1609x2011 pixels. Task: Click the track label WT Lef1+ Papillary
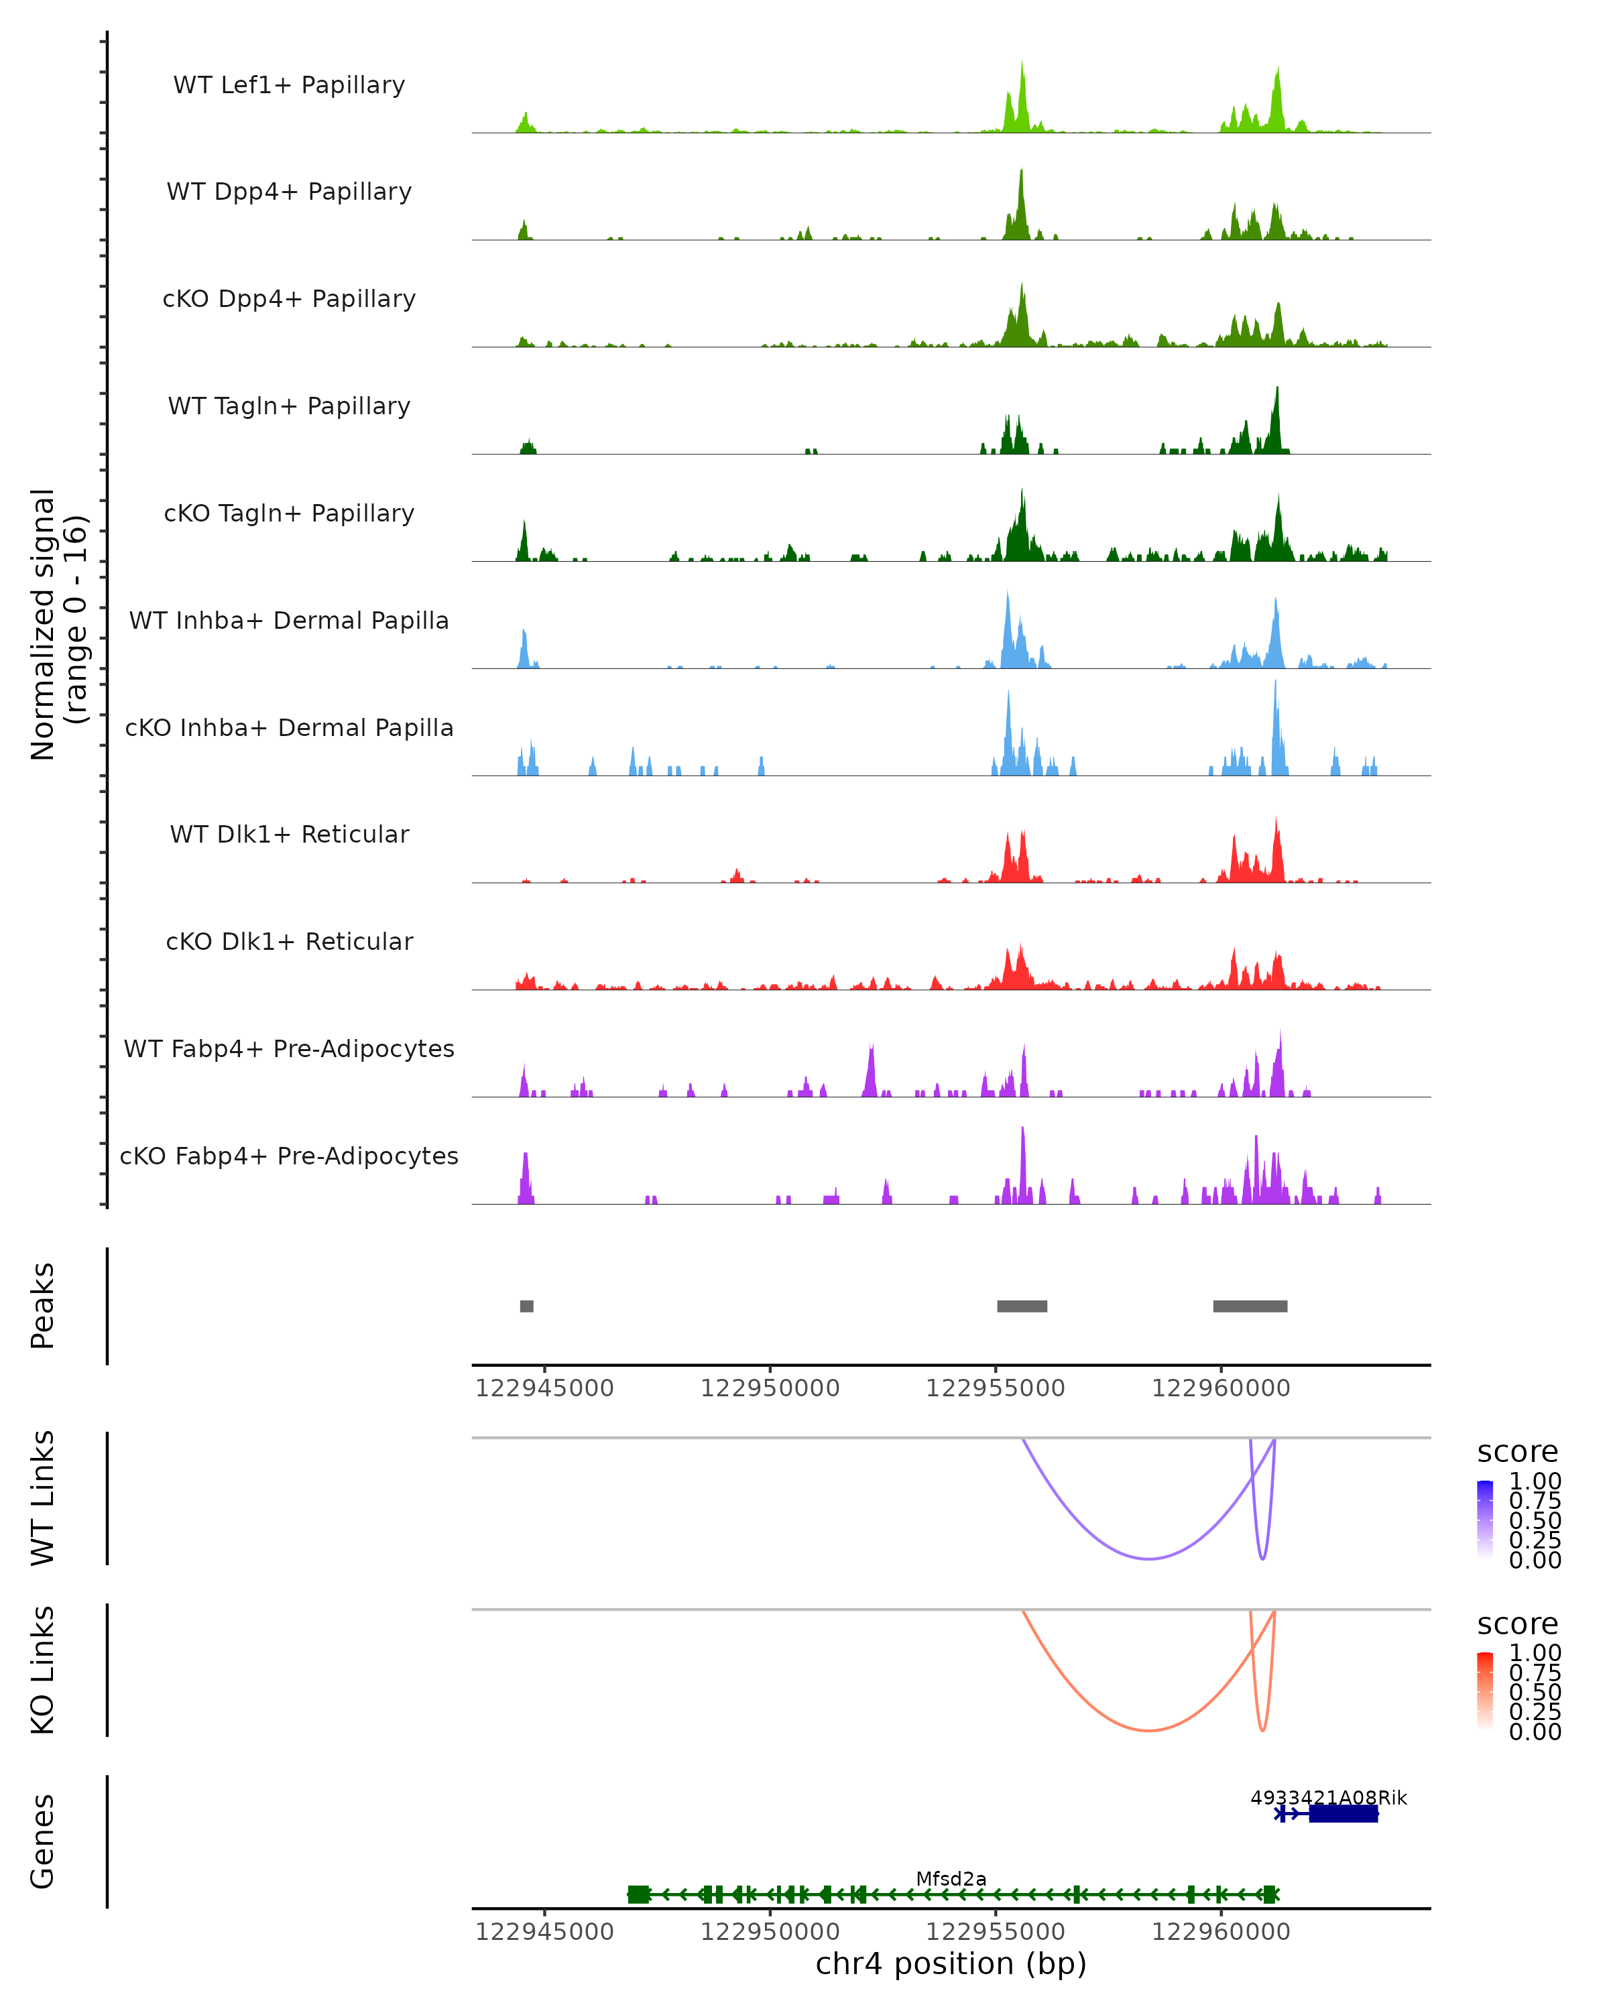click(x=289, y=85)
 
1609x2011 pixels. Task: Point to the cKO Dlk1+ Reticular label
click(x=289, y=941)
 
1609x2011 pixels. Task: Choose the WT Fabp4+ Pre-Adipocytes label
click(x=289, y=1048)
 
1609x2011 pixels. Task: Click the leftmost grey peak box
click(x=527, y=1306)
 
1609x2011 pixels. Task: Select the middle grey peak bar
click(x=1022, y=1306)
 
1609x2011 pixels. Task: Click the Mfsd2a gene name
click(x=951, y=1878)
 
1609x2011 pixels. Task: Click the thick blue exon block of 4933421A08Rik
click(x=1343, y=1813)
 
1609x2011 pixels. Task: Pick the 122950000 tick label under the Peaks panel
click(x=770, y=1388)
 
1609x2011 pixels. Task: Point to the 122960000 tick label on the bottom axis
click(x=1221, y=1932)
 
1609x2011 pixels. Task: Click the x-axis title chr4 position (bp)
click(x=951, y=1964)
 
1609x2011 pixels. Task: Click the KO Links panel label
click(x=43, y=1670)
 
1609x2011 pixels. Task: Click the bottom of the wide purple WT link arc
click(x=1149, y=1559)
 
